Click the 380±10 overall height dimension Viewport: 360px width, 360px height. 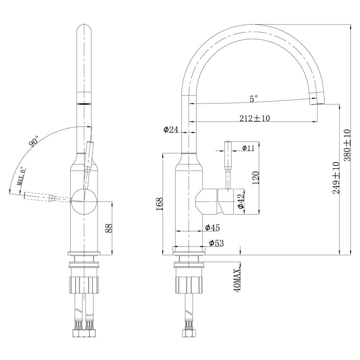click(347, 145)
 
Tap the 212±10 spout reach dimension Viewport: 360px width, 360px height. click(254, 117)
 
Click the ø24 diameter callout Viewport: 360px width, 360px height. click(170, 130)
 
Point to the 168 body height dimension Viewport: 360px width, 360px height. click(159, 204)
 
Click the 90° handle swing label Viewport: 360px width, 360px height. click(34, 141)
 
